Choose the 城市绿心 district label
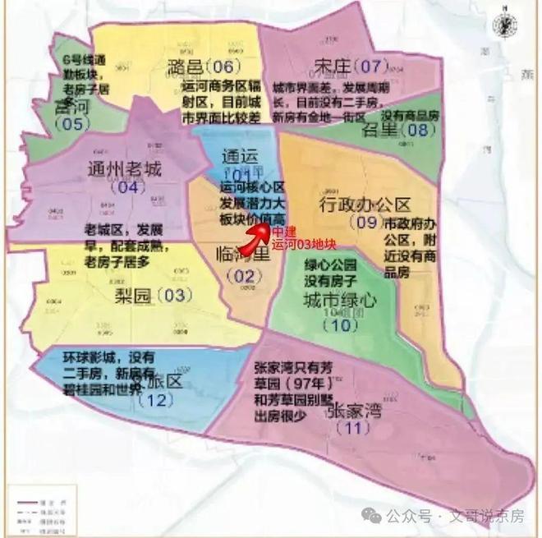pyautogui.click(x=339, y=301)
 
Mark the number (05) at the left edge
pyautogui.click(x=70, y=124)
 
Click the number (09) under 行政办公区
pyautogui.click(x=364, y=223)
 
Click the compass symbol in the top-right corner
pyautogui.click(x=500, y=25)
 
